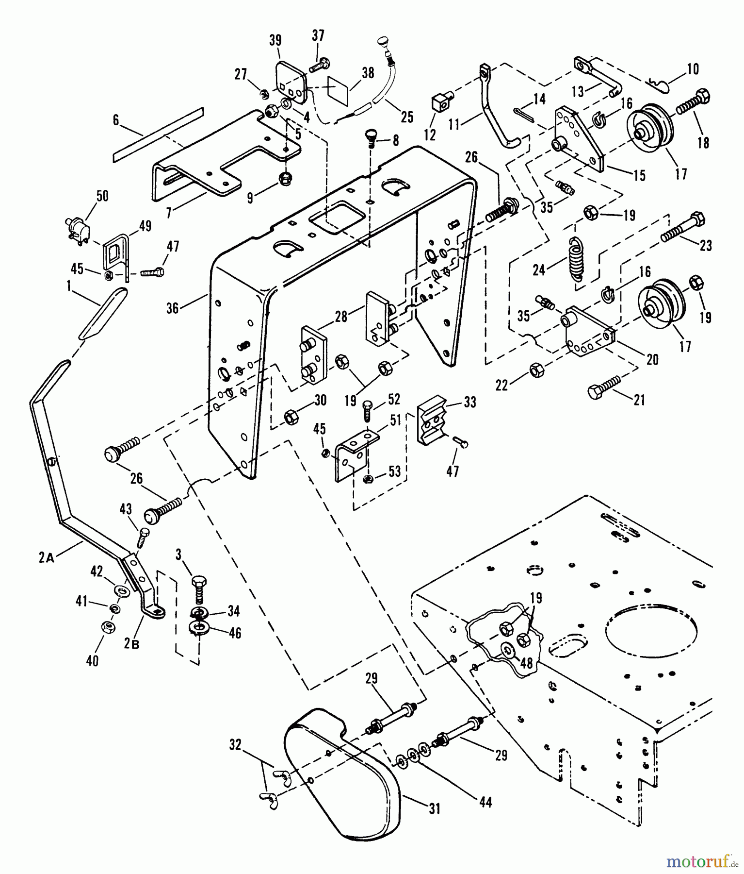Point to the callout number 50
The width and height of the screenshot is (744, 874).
click(x=102, y=196)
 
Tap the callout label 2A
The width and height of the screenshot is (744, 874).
click(x=47, y=558)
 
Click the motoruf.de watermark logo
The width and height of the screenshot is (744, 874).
click(x=700, y=861)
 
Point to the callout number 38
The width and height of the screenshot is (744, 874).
click(x=368, y=73)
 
